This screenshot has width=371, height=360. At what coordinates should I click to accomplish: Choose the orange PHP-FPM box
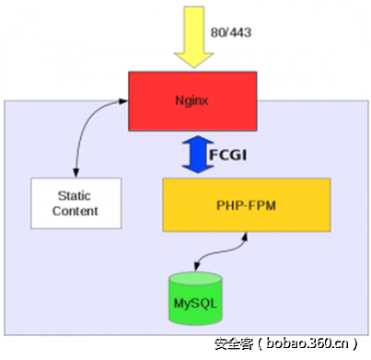244,204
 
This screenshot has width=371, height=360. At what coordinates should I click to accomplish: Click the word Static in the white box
75,196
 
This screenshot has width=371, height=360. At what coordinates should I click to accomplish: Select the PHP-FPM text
244,204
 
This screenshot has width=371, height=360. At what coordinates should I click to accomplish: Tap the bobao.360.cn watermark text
309,344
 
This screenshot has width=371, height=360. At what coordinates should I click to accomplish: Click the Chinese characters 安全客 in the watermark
234,344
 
